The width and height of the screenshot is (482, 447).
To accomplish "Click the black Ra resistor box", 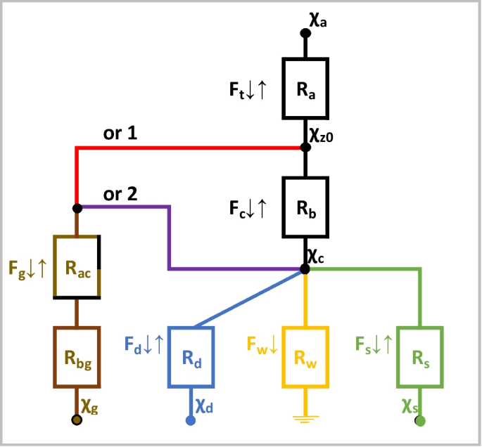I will point(305,89).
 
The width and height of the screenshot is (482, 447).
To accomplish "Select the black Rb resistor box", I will point(305,209).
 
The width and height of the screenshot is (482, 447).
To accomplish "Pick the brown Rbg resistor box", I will point(77,357).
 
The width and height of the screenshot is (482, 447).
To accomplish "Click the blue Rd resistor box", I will point(190,357).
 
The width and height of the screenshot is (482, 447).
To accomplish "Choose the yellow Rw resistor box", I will point(305,357).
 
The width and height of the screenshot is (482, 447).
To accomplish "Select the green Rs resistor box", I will point(419,357).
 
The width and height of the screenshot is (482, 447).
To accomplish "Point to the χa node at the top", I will point(305,32).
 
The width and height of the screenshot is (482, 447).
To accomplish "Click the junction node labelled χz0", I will point(305,148).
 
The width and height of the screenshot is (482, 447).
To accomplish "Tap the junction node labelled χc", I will point(305,268).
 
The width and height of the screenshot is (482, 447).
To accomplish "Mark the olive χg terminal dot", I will point(77,420).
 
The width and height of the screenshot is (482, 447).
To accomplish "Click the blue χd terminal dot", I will point(190,420).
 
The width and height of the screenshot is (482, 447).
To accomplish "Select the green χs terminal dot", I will point(420,420).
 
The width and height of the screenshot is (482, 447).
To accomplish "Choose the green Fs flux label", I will point(370,344).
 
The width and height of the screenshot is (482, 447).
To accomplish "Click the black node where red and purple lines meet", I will point(77,208).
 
